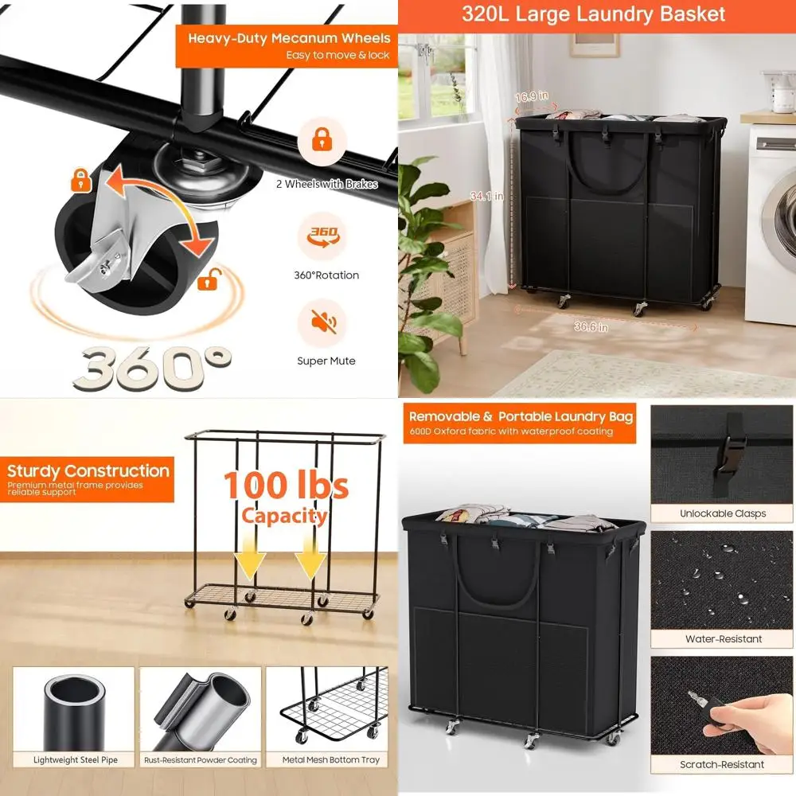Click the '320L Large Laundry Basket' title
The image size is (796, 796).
(594, 14)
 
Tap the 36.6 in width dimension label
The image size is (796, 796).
(592, 326)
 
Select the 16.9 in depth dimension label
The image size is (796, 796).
(532, 97)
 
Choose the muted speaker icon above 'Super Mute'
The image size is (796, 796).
(324, 321)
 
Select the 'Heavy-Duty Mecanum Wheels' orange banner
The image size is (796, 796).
(287, 46)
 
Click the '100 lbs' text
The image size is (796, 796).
(285, 485)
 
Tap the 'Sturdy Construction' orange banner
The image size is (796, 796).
(88, 478)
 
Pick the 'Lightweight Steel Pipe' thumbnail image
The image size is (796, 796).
(75, 708)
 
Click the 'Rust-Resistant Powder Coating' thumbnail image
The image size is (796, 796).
(201, 708)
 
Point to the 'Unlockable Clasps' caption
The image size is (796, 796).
(723, 513)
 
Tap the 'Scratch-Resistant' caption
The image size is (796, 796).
(722, 765)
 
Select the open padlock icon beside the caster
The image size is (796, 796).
(211, 279)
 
